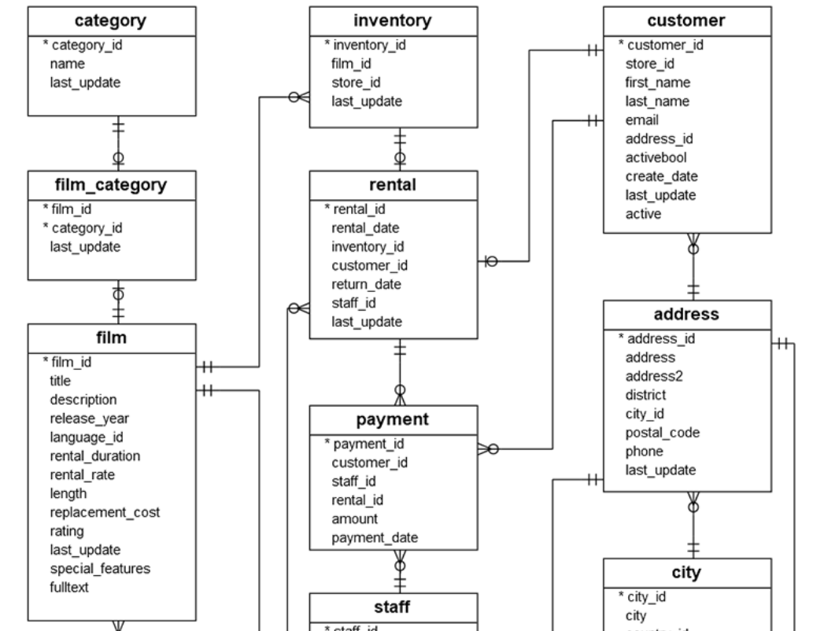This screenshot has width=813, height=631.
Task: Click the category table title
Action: (x=112, y=21)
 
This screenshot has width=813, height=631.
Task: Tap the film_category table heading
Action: (x=112, y=186)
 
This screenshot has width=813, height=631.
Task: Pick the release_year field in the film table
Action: (x=90, y=418)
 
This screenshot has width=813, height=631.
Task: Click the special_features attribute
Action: (x=99, y=568)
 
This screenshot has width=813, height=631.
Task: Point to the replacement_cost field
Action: (x=105, y=512)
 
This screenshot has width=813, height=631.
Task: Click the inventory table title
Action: (x=393, y=21)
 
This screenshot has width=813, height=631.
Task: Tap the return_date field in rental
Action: (x=367, y=284)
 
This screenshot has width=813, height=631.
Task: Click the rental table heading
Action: (x=393, y=186)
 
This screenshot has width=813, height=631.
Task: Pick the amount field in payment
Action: (x=354, y=518)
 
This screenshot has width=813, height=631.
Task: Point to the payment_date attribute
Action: (x=375, y=537)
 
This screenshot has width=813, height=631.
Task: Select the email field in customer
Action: (x=642, y=120)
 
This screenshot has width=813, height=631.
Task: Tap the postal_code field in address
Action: (x=663, y=433)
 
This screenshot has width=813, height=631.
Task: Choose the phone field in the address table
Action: (x=645, y=452)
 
